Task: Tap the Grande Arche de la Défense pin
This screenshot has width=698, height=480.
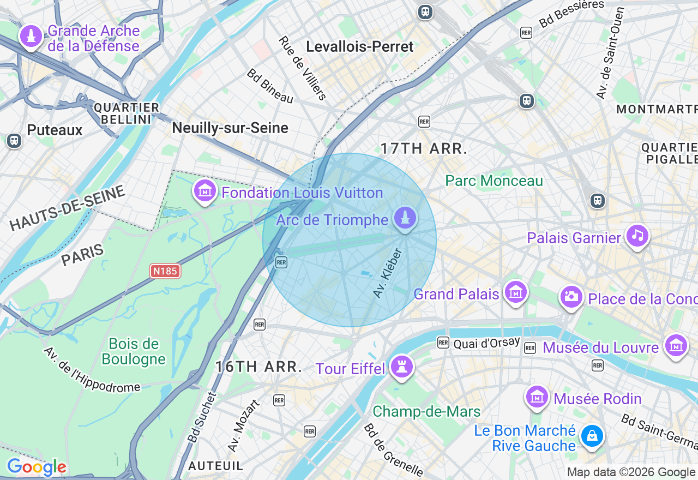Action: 31,37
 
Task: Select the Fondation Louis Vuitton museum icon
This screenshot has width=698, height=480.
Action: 205,191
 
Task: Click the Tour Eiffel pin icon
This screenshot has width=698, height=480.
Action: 402,367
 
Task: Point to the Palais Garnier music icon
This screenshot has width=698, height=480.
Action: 637,236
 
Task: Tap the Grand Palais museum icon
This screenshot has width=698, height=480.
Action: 515,292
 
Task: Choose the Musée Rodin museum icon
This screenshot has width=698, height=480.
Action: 537,397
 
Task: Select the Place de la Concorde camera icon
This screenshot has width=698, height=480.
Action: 571,297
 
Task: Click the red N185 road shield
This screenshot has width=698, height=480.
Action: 165,271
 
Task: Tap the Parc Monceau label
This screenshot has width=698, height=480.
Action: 494,181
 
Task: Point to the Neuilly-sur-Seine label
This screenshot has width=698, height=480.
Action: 230,128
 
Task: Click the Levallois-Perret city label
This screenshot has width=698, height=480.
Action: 360,47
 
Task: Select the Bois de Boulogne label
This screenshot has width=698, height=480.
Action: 134,351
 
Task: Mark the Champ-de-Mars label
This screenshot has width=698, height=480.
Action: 426,411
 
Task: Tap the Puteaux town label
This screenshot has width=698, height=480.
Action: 55,130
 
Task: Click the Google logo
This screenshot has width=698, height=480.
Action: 37,467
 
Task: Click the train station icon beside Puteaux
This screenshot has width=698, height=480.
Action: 14,141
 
